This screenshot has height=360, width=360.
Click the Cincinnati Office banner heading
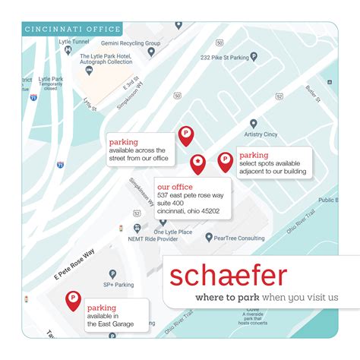(73, 30)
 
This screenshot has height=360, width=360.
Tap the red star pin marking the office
(197, 162)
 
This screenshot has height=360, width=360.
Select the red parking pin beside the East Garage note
(74, 298)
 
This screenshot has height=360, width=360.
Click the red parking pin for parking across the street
(185, 134)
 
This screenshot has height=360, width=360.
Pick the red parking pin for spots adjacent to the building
(225, 160)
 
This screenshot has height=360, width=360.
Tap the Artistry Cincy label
(261, 134)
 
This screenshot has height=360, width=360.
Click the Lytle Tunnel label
(73, 43)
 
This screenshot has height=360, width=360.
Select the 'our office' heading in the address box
(174, 186)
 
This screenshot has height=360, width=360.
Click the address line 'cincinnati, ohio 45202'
(188, 211)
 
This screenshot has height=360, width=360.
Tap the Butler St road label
(312, 94)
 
